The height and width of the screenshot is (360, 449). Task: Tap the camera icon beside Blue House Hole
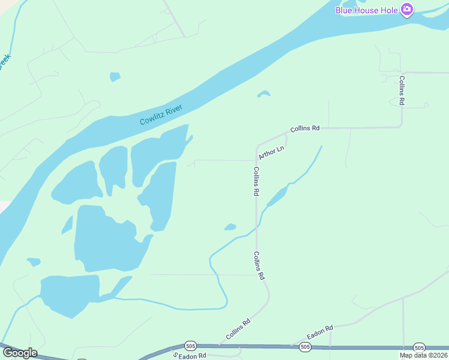coord(408,9)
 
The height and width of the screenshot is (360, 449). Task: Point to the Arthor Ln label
coord(271,152)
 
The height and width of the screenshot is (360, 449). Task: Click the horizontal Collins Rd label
coord(305,128)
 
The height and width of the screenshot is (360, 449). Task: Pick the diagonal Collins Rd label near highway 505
coord(238,329)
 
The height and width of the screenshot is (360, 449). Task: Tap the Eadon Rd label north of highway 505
coord(320,331)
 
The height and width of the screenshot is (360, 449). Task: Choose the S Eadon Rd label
coord(189,355)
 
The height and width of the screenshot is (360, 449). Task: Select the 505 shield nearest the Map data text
coord(419,347)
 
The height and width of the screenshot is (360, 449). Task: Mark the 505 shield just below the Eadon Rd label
coord(305,347)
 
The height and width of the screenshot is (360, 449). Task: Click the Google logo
coord(19,353)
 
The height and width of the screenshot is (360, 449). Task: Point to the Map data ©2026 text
coord(424,355)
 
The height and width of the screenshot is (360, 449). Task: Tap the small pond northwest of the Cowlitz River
coord(115,77)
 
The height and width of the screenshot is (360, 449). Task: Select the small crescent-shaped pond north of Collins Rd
coord(264,93)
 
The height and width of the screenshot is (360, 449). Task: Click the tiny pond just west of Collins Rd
coord(230,227)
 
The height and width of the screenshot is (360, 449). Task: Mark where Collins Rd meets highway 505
coord(220,345)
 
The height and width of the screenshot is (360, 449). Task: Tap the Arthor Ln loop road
coord(285,140)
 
